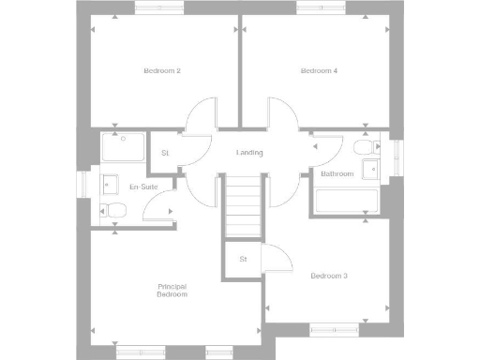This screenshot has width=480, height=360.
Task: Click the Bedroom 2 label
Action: click(x=161, y=71)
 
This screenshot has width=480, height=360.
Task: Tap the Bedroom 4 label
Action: click(x=318, y=71)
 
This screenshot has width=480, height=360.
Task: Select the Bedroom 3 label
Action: click(x=329, y=276)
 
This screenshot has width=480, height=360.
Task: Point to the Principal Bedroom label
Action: click(x=172, y=290)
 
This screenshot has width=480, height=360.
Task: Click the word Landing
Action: click(x=249, y=153)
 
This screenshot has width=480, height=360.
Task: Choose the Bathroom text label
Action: click(x=337, y=174)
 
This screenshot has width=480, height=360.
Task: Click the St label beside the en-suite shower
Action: click(x=165, y=153)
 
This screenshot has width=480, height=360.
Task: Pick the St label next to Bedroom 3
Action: click(x=243, y=258)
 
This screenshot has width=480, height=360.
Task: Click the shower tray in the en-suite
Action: click(x=123, y=148)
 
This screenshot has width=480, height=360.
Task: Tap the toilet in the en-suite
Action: click(x=113, y=211)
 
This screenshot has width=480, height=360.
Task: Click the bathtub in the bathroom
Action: click(x=346, y=201)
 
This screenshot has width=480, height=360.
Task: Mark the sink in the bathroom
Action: click(x=372, y=170)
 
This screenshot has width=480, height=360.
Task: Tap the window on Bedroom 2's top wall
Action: click(x=161, y=7)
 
